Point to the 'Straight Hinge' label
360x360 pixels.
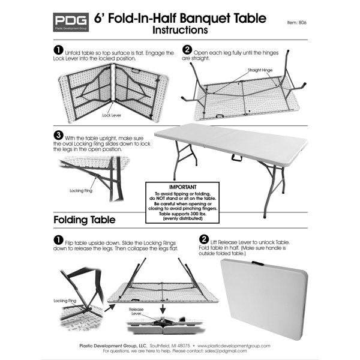click(x=259, y=70)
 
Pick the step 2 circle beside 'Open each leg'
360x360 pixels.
click(x=187, y=49)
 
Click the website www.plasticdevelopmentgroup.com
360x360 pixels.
click(x=232, y=346)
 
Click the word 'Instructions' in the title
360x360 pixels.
click(x=181, y=29)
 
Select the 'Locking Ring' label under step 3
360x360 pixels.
click(x=80, y=190)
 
